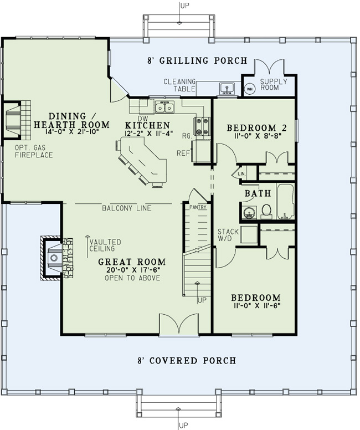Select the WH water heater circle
pos(249,88)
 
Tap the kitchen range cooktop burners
pos(202,126)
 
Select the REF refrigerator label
pos(184,153)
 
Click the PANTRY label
pos(198,207)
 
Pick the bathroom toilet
pos(266,211)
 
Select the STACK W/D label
pos(227,236)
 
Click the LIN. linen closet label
pos(241,173)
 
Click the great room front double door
pos(178,325)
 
